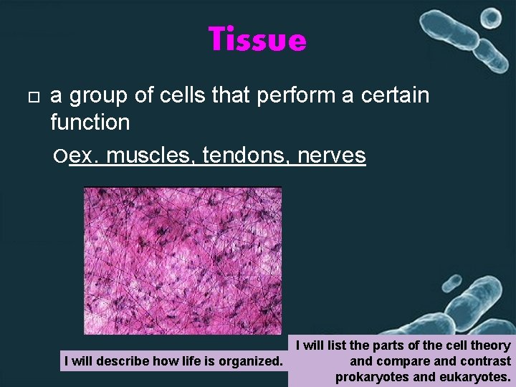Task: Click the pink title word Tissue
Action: [257, 39]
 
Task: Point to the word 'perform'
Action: [303, 96]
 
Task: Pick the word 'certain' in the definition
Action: [397, 95]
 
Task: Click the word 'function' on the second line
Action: [90, 123]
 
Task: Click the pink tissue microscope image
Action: [183, 259]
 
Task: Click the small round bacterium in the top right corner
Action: [491, 17]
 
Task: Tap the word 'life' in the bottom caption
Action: [188, 361]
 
